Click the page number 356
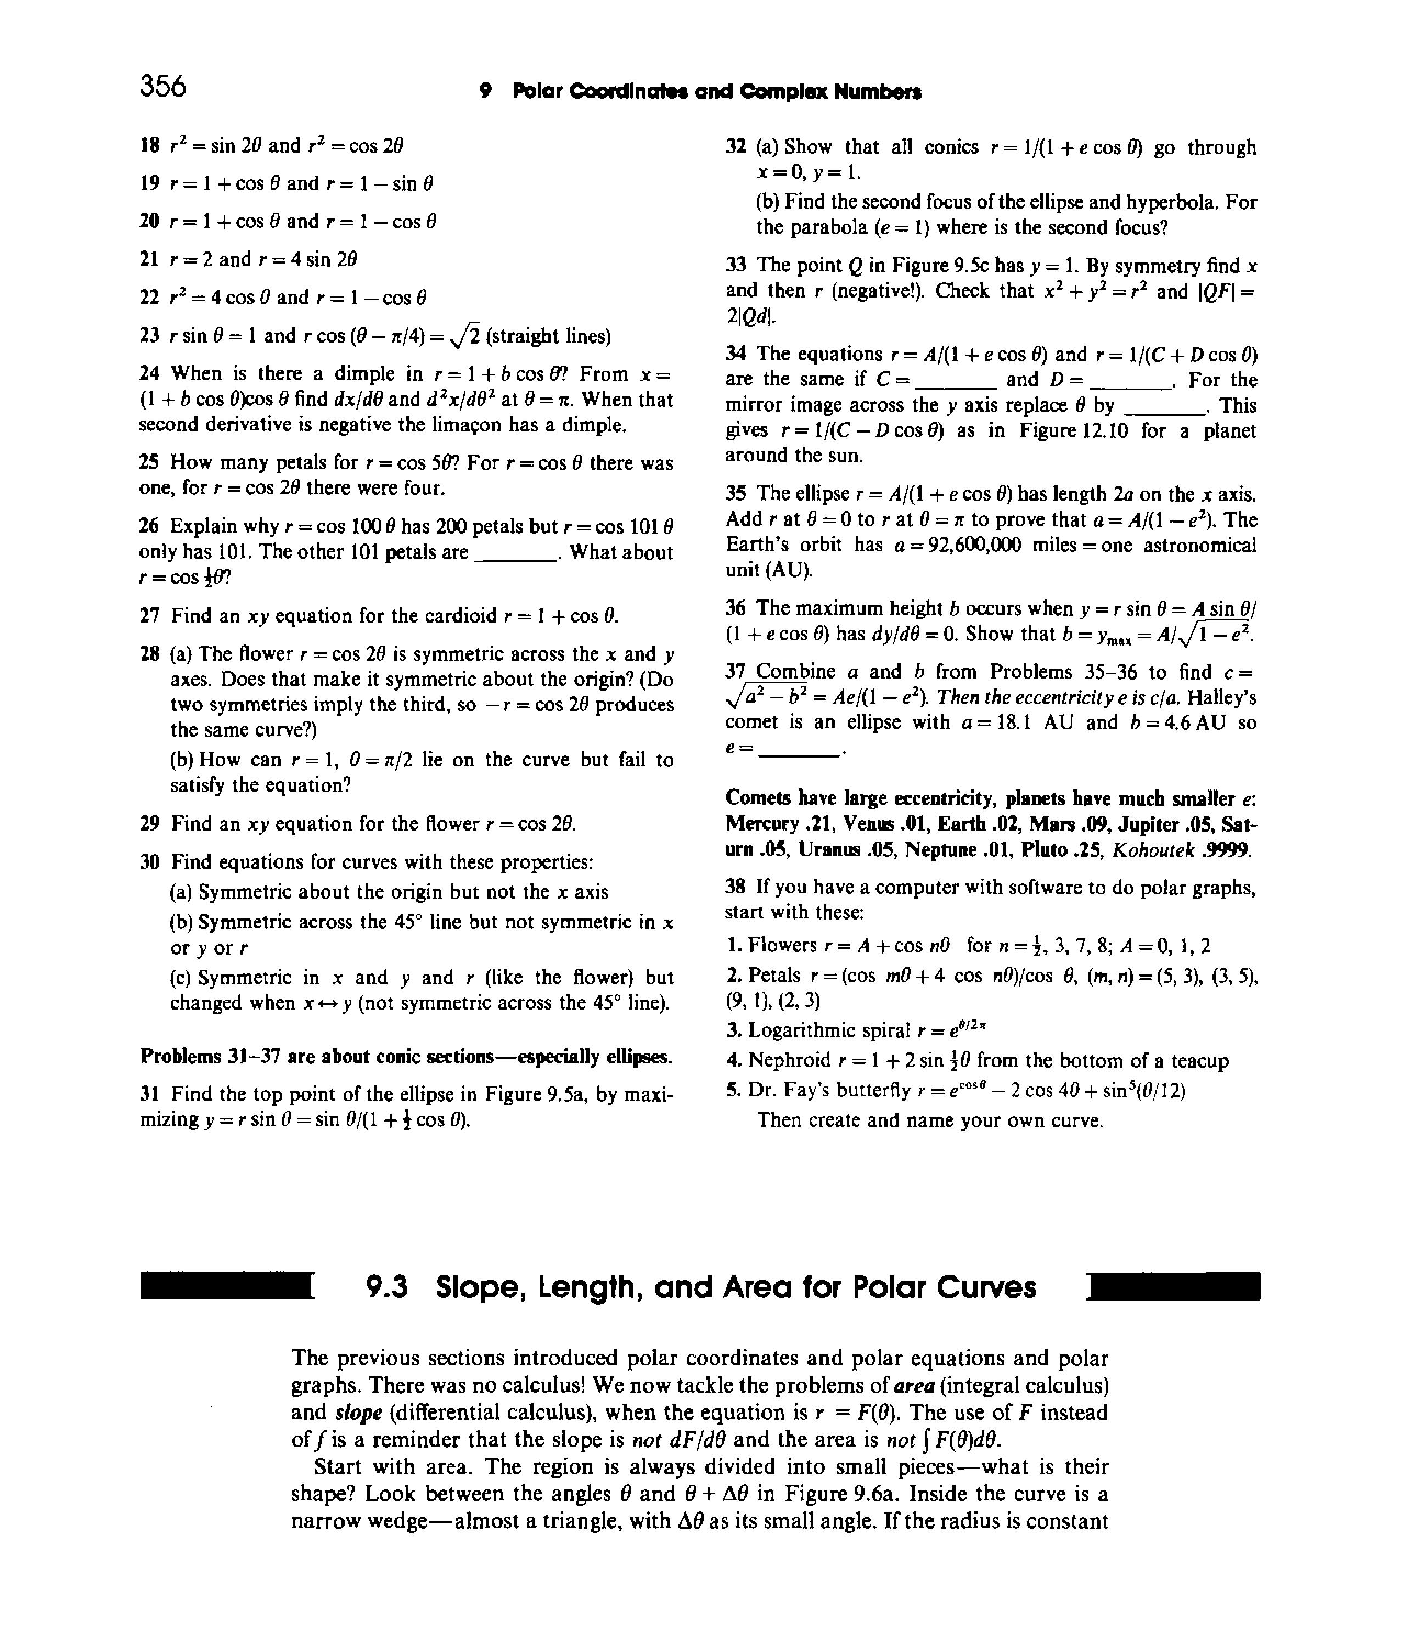click(163, 86)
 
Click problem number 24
click(149, 373)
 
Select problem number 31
click(149, 1094)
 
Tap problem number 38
click(734, 888)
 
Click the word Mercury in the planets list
click(757, 825)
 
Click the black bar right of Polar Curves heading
click(1173, 1287)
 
